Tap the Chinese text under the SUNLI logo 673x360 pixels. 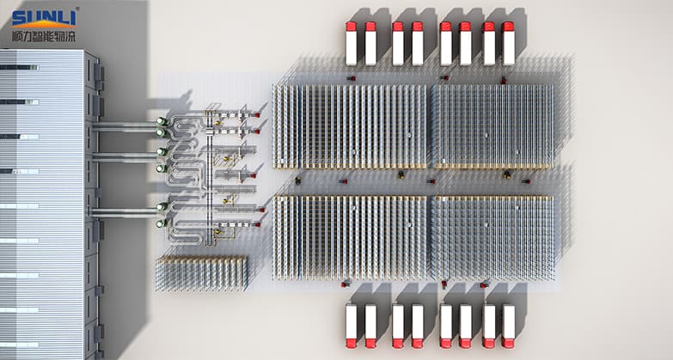(45, 37)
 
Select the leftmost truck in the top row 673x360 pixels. (351, 44)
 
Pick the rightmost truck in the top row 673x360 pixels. (508, 44)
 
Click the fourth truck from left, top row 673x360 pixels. (418, 44)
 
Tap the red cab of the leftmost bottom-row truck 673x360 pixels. (351, 343)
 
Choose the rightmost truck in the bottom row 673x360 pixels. (508, 326)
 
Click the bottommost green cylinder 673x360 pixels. (161, 223)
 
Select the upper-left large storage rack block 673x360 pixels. (350, 125)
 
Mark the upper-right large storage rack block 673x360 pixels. (493, 125)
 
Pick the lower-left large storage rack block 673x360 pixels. (350, 237)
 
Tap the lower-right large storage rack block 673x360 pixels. (493, 238)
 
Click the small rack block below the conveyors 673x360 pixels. (201, 272)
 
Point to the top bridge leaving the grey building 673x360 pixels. (125, 127)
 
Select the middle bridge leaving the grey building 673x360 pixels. (125, 156)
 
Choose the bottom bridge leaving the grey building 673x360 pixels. (125, 211)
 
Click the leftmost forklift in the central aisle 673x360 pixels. (298, 181)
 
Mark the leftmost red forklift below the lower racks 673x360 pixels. (346, 283)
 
